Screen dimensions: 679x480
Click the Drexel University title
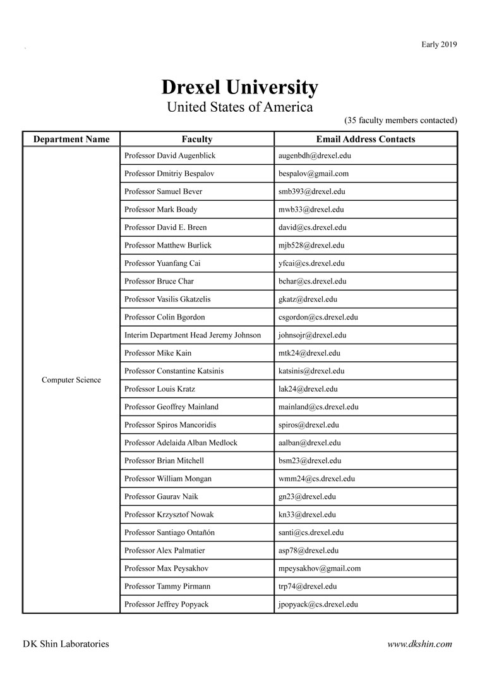pyautogui.click(x=239, y=87)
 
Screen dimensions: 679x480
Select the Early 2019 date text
pyautogui.click(x=439, y=44)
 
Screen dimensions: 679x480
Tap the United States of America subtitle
pyautogui.click(x=239, y=107)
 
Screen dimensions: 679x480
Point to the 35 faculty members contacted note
pyautogui.click(x=400, y=120)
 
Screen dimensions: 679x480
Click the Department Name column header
pyautogui.click(x=71, y=139)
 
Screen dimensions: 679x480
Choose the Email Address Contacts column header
pyautogui.click(x=365, y=139)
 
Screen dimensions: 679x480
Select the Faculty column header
pyautogui.click(x=197, y=139)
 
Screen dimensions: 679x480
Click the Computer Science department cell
pyautogui.click(x=71, y=380)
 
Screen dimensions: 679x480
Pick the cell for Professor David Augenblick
pyautogui.click(x=171, y=155)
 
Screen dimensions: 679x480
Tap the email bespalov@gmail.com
pyautogui.click(x=313, y=173)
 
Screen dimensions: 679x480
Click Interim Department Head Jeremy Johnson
pyautogui.click(x=193, y=335)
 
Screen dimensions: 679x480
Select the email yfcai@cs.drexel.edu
pyautogui.click(x=311, y=263)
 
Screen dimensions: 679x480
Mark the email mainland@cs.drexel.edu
pyautogui.click(x=318, y=407)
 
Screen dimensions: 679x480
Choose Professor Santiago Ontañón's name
pyautogui.click(x=169, y=532)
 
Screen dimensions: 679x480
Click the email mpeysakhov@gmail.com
pyautogui.click(x=319, y=568)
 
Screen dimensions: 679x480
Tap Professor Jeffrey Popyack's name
pyautogui.click(x=166, y=604)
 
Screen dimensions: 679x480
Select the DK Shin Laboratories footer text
pyautogui.click(x=66, y=644)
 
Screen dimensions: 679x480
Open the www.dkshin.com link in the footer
pyautogui.click(x=419, y=644)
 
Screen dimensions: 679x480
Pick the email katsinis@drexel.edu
pyautogui.click(x=311, y=371)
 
